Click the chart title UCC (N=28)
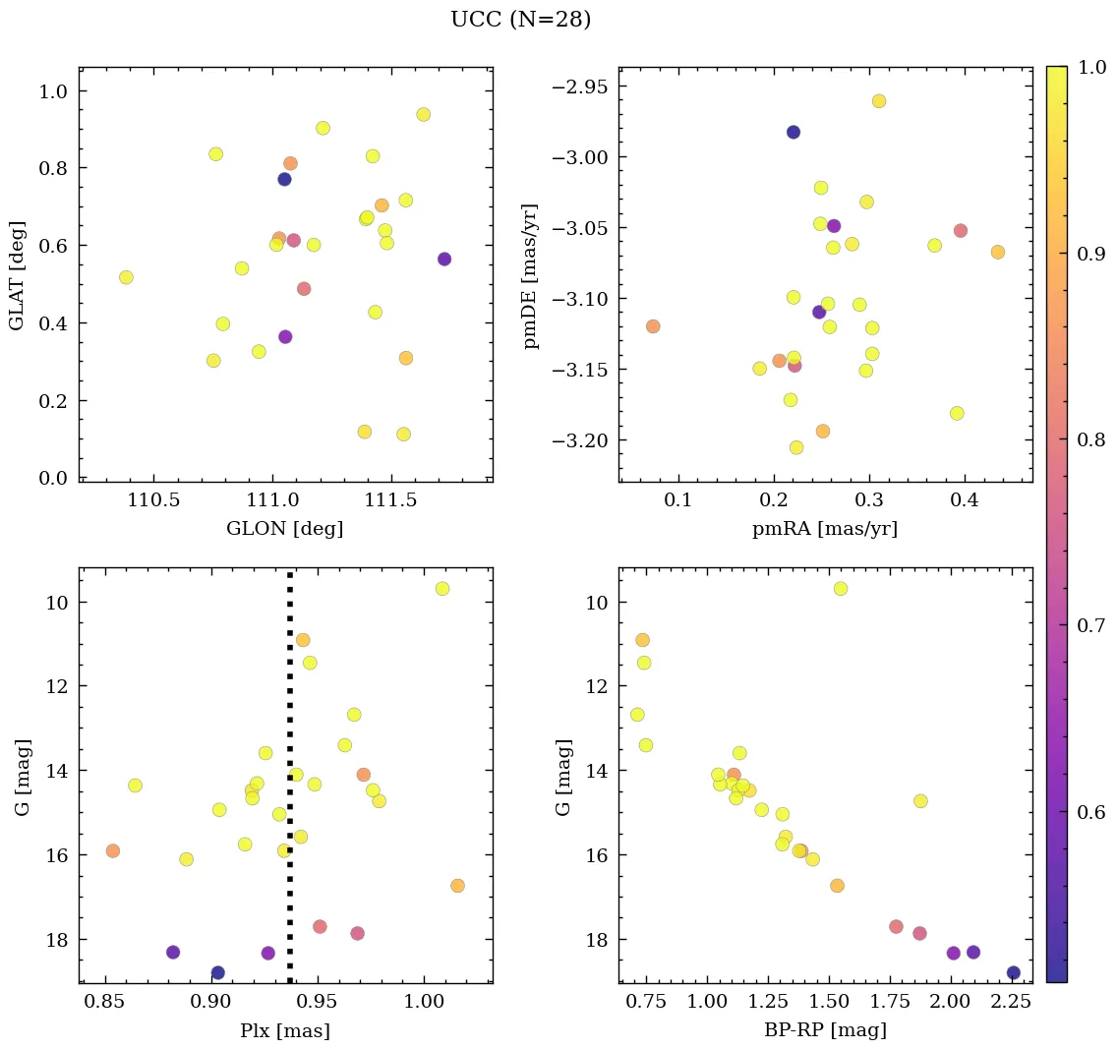click(520, 20)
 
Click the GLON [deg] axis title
click(285, 529)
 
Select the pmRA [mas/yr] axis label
click(825, 529)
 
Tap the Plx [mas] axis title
click(285, 1030)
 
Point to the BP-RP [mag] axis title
click(825, 1030)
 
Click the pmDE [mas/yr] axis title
click(532, 275)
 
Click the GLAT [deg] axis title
click(17, 275)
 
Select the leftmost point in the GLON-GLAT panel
click(126, 277)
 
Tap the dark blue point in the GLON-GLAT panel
click(284, 179)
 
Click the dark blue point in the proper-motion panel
click(794, 132)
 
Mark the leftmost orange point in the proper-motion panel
click(653, 326)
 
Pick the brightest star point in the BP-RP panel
click(841, 589)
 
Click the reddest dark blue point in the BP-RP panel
click(1014, 973)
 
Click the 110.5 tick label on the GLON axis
click(152, 501)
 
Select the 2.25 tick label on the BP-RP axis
click(1014, 1003)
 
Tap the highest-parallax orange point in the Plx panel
click(457, 886)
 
